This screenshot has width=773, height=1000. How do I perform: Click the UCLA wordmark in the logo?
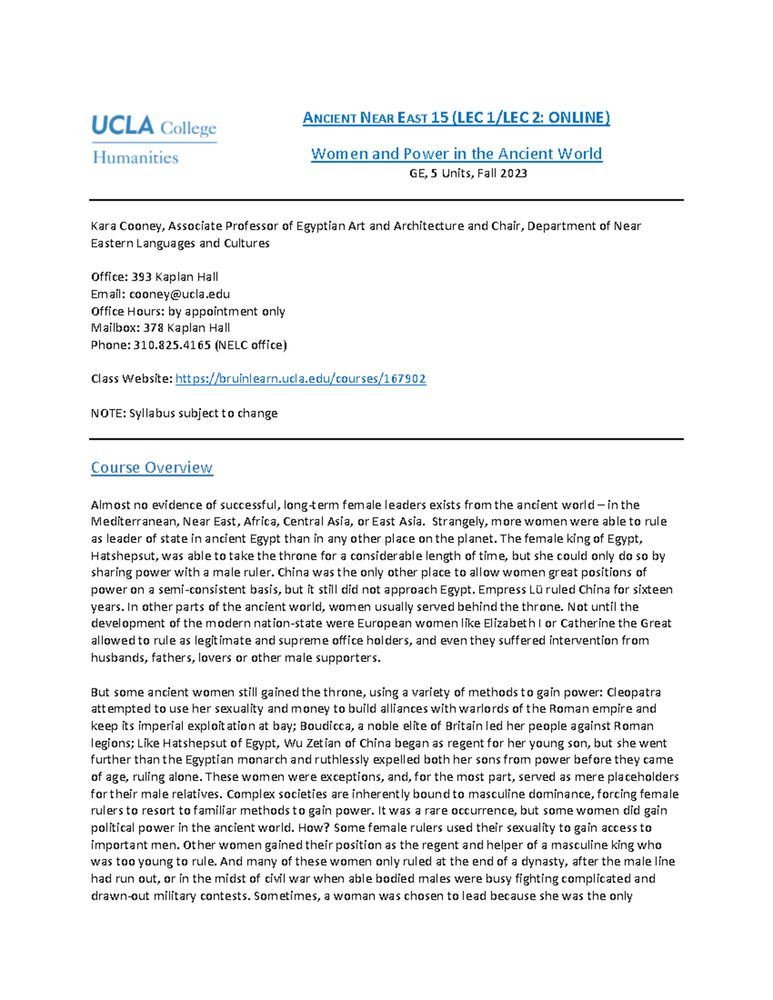(x=122, y=125)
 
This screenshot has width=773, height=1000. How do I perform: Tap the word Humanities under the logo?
(x=135, y=158)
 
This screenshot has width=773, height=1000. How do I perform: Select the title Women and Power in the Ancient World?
(x=456, y=154)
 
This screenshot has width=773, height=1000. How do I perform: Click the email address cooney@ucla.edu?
(x=179, y=294)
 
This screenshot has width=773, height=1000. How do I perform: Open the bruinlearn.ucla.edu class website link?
(x=300, y=379)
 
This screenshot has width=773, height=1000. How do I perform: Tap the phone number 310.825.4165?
(x=172, y=345)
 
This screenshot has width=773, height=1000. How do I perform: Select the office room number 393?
(x=142, y=277)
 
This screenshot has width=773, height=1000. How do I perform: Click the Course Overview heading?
(x=151, y=467)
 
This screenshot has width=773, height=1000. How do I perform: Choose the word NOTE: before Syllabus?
(x=108, y=413)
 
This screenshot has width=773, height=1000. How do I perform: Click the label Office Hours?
(x=128, y=311)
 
